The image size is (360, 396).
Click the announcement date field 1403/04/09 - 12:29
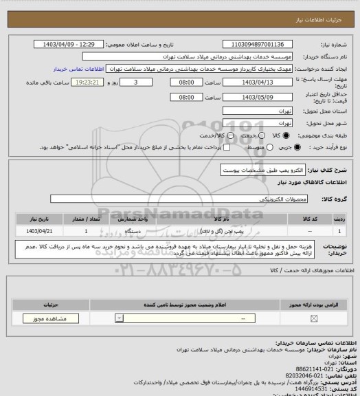[69, 44]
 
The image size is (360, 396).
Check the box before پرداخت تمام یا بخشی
[220, 148]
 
